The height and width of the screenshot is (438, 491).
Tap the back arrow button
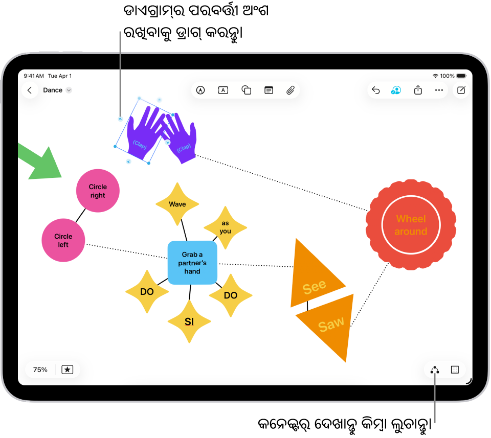[x=30, y=90]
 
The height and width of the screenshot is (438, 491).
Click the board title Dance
[x=53, y=90]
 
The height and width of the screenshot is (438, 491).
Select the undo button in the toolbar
[x=376, y=90]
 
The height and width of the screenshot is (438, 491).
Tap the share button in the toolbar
[x=418, y=90]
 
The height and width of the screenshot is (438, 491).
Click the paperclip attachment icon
[x=291, y=90]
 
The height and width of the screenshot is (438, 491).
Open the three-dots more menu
[x=439, y=90]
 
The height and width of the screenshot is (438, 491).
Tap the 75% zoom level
[x=40, y=370]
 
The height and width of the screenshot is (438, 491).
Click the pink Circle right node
[x=98, y=191]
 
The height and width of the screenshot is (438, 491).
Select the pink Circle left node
[x=63, y=240]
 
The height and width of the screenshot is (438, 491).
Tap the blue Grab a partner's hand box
[x=192, y=263]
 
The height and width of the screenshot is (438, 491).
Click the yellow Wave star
[x=177, y=204]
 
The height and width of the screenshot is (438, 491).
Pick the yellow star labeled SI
[x=189, y=321]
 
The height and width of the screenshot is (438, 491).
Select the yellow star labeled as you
[x=226, y=227]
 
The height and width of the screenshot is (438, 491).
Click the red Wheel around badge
[x=411, y=225]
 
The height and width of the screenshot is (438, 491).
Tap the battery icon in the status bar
[x=462, y=76]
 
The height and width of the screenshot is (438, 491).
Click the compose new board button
[x=461, y=90]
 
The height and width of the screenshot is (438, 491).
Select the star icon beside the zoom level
[x=68, y=370]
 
